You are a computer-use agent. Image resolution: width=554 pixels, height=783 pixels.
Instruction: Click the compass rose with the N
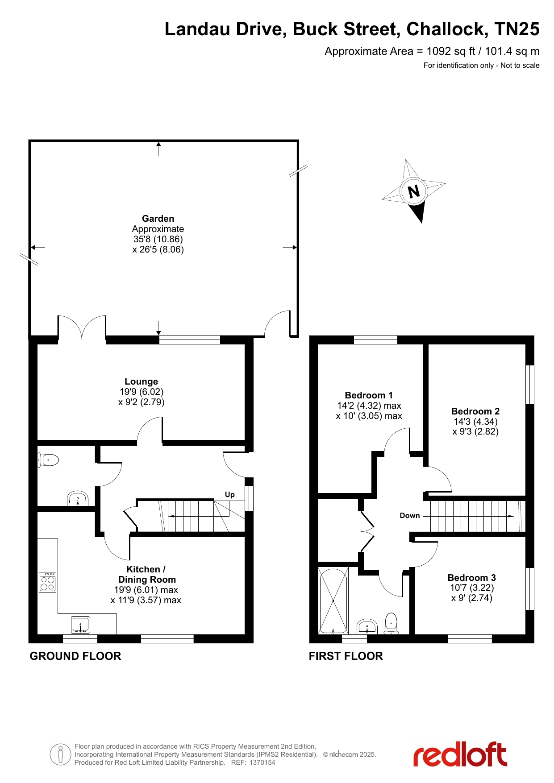click(x=414, y=191)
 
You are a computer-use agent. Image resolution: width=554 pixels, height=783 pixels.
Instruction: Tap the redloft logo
click(x=460, y=754)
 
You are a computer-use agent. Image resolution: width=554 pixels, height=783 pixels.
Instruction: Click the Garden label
click(x=158, y=219)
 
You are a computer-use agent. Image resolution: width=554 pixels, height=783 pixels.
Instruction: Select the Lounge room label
click(x=141, y=381)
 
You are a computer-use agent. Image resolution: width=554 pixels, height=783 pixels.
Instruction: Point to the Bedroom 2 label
click(x=475, y=411)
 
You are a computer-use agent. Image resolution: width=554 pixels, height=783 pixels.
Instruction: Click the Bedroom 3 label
click(x=472, y=578)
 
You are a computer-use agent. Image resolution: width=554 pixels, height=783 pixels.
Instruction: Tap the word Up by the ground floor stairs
click(x=230, y=494)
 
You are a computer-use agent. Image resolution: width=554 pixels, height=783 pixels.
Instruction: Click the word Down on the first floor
click(x=410, y=515)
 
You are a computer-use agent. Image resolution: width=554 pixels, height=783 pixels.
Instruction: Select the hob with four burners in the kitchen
click(x=48, y=582)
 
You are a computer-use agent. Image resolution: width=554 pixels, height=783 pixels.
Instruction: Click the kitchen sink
click(x=81, y=625)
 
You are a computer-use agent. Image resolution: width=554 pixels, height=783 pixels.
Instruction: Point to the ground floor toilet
click(x=49, y=460)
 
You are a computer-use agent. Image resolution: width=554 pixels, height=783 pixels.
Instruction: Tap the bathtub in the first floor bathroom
click(x=333, y=601)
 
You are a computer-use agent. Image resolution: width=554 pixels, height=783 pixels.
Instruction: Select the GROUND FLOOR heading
click(x=75, y=656)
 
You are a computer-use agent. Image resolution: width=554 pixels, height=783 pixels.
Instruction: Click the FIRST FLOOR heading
click(x=346, y=656)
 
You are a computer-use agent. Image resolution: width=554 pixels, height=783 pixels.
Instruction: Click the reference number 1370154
click(x=262, y=762)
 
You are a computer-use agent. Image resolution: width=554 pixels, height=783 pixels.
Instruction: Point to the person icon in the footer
click(x=60, y=754)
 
